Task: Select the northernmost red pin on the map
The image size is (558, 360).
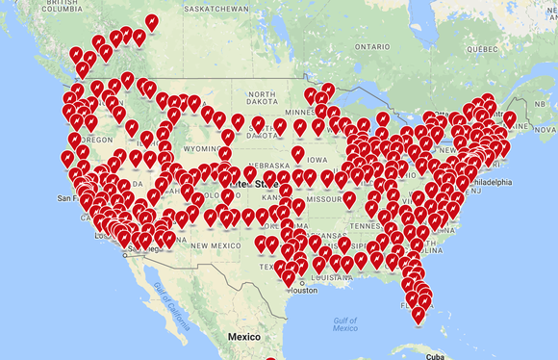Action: click(151, 21)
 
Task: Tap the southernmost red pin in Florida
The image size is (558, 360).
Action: click(418, 316)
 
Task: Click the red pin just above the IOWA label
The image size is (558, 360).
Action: click(298, 154)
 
